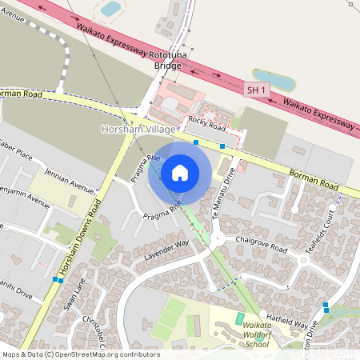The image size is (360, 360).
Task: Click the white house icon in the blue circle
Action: pos(180,173)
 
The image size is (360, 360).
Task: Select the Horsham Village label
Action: pos(134,129)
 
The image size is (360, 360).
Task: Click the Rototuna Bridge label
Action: pos(177,61)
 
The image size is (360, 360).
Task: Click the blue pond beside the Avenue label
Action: pos(110,9)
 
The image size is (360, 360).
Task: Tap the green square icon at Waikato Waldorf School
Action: pos(239,319)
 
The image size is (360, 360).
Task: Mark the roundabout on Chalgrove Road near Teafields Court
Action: pos(305,259)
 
